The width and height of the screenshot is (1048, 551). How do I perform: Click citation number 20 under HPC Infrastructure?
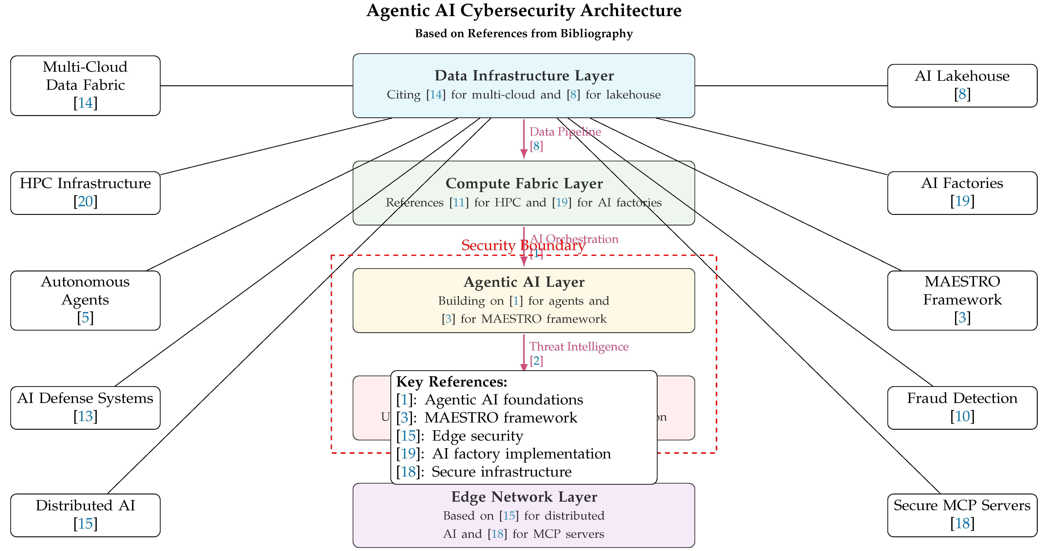[x=85, y=201]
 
